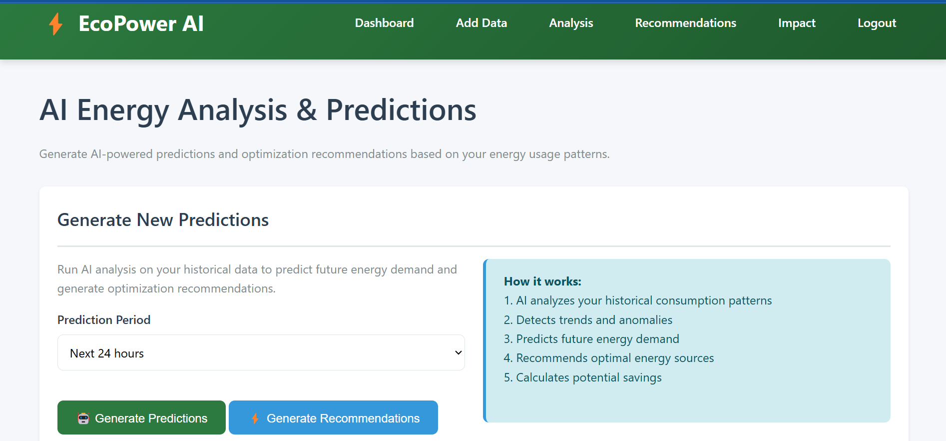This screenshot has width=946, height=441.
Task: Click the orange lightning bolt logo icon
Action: click(x=56, y=23)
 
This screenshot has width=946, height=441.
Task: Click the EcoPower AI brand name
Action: click(x=141, y=23)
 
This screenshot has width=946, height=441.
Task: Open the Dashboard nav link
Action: click(x=384, y=23)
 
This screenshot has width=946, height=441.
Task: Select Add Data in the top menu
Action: click(x=481, y=23)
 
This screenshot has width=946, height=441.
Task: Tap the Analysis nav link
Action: click(x=571, y=23)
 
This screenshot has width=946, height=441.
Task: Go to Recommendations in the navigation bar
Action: click(x=685, y=23)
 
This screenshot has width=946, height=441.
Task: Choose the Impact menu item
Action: click(x=797, y=23)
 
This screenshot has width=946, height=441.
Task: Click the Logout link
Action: click(x=877, y=23)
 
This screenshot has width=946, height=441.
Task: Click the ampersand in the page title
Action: click(x=307, y=110)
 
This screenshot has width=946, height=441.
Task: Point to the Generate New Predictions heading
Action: click(x=163, y=220)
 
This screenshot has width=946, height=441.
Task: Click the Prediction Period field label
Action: click(x=104, y=320)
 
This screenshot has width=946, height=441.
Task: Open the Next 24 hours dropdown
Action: click(x=261, y=352)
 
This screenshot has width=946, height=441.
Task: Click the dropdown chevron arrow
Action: click(x=458, y=352)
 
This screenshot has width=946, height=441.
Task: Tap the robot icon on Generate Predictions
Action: click(x=83, y=418)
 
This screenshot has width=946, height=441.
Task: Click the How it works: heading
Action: click(x=542, y=281)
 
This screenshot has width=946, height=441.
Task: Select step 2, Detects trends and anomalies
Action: click(x=588, y=320)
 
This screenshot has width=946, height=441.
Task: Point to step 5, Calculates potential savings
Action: click(x=582, y=377)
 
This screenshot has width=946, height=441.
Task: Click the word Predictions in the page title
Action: click(x=401, y=110)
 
